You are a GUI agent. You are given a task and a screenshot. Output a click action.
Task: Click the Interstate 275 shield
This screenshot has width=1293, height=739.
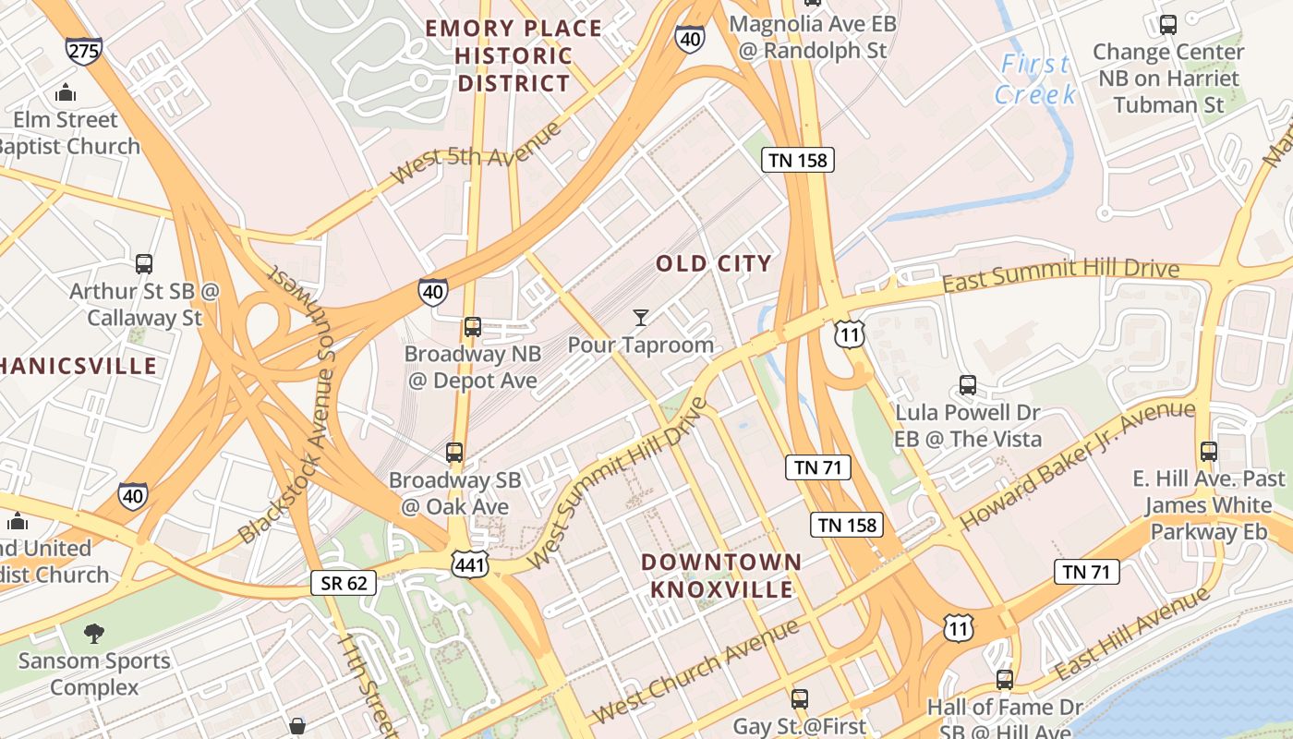coord(83,50)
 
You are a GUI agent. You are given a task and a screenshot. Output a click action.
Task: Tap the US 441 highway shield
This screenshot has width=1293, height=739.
coord(470,563)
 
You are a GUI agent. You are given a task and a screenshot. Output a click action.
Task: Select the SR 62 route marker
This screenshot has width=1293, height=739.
coord(344,582)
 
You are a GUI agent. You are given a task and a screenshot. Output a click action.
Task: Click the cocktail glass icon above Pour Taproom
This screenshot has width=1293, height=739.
coord(640,319)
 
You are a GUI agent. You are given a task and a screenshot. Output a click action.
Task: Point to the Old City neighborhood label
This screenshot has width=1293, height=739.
coord(713,264)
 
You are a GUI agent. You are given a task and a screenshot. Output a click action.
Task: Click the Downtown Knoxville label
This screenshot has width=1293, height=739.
coord(721,575)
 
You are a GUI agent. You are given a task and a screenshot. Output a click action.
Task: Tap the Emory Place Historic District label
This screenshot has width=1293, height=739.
coord(514,55)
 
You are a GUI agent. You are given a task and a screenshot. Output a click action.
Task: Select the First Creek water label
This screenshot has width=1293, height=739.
coord(1035,79)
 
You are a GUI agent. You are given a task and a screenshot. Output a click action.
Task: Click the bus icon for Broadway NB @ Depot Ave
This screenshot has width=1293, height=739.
coord(472,327)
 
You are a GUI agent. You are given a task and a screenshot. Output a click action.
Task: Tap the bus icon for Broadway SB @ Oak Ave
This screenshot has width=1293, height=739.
coord(454,453)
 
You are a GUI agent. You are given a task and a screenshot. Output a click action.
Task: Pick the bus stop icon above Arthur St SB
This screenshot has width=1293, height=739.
coord(144,264)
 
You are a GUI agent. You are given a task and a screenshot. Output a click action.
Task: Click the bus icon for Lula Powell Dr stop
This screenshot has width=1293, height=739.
coord(967,385)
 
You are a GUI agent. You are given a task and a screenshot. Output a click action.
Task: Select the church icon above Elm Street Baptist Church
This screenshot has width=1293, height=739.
coord(65,92)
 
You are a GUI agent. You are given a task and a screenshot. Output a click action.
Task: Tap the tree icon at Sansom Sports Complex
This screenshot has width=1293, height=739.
coord(93,634)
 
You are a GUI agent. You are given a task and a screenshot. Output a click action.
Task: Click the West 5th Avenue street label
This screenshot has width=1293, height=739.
coord(475,153)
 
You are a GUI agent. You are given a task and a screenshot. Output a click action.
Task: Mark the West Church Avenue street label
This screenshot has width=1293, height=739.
coord(695,672)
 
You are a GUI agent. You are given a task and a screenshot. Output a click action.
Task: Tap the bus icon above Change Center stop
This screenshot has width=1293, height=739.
coord(1168,25)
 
